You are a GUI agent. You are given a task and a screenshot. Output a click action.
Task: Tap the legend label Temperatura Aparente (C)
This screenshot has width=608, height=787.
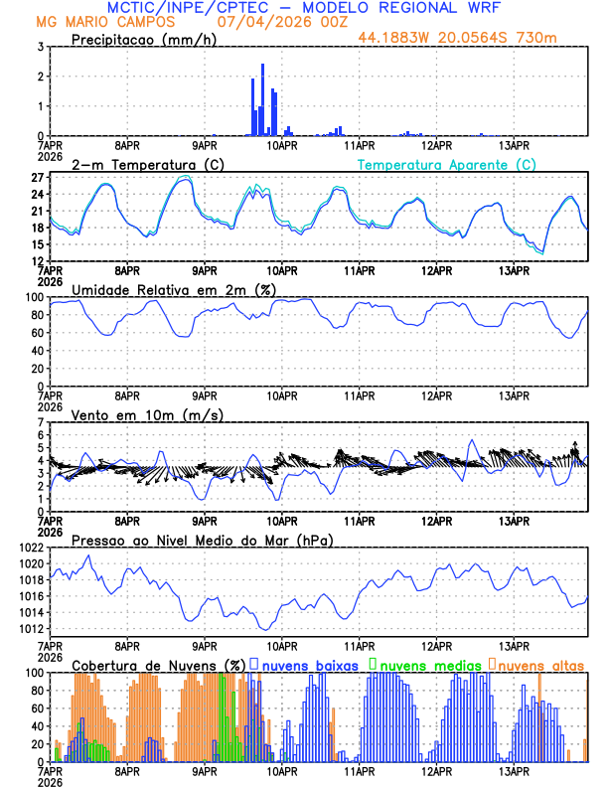tap(447, 164)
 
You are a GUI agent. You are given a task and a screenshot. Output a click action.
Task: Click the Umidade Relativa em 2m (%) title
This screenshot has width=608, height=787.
tap(174, 289)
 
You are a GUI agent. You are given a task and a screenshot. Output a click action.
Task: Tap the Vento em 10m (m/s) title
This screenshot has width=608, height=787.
tap(148, 414)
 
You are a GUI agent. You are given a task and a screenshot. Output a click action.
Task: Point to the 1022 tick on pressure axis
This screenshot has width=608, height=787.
tap(27, 548)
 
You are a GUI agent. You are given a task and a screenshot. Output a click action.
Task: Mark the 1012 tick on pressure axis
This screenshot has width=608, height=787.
tap(27, 628)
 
